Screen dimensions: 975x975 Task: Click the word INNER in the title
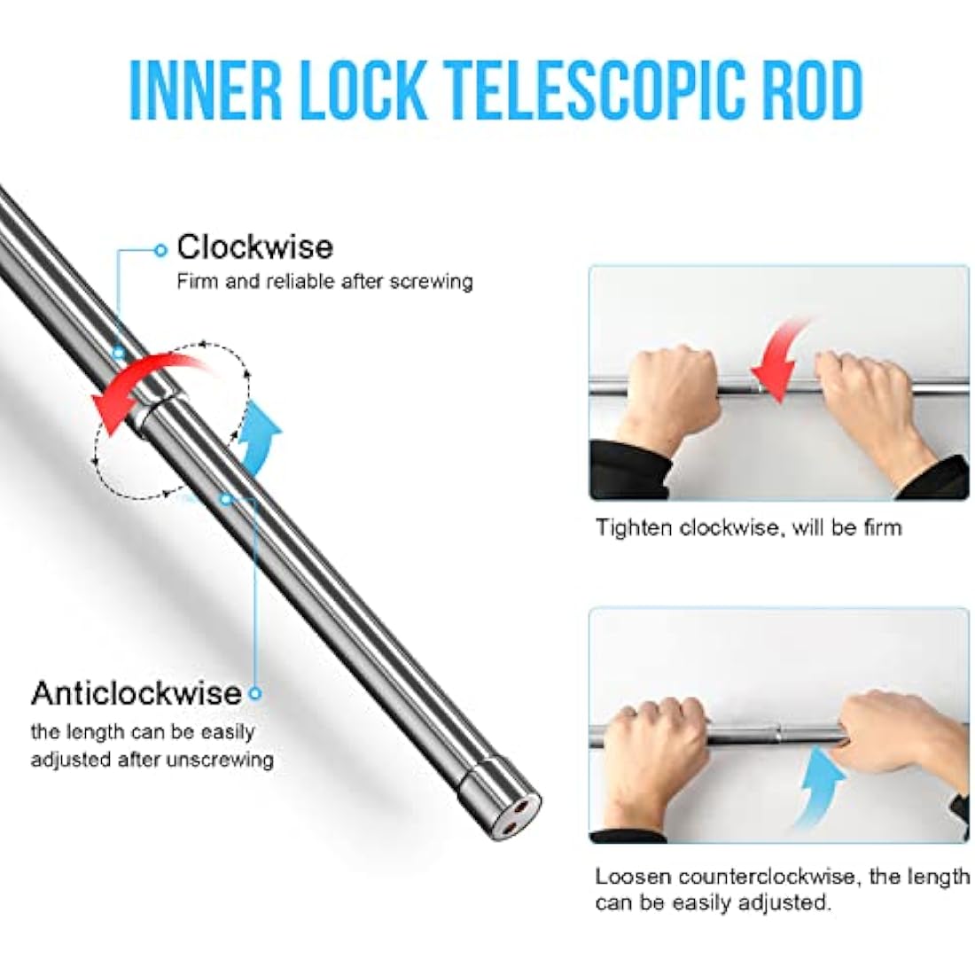(x=207, y=90)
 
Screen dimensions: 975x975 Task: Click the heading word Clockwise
(x=255, y=247)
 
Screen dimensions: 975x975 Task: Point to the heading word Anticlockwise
(x=136, y=693)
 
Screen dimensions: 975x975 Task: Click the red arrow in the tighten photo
(x=778, y=361)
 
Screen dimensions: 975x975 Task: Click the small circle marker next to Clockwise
(x=160, y=250)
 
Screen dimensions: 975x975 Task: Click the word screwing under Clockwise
(x=431, y=282)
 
